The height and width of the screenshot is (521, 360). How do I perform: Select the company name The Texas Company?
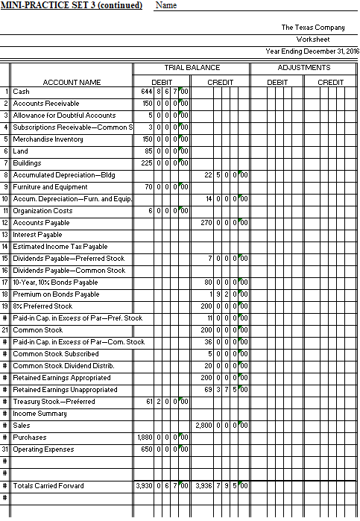pos(313,27)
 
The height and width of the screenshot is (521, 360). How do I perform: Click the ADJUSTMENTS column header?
pos(304,68)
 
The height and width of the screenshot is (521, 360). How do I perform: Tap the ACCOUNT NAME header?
pos(72,81)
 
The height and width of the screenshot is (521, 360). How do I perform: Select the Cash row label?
pos(22,91)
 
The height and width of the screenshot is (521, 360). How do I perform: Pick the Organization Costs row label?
pos(42,211)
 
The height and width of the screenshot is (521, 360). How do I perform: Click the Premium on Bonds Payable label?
pos(56,294)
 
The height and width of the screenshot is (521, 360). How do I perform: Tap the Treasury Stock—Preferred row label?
pos(54,402)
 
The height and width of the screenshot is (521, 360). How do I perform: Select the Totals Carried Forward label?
pos(48,486)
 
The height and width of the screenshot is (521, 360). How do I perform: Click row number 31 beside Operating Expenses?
pos(4,449)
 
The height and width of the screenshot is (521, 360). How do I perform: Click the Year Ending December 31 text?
pos(312,51)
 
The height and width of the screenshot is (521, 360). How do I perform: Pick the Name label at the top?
pos(167,6)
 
